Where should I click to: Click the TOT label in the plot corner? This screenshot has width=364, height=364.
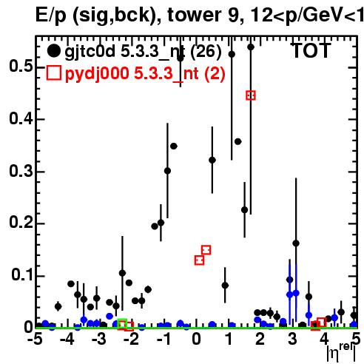coord(311,51)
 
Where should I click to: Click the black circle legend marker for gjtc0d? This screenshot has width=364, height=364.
coord(53,51)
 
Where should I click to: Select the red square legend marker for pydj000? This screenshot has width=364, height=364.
coord(53,73)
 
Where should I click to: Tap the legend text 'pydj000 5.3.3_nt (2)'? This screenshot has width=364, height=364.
coord(145,73)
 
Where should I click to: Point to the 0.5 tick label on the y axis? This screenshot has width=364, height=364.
coord(21,67)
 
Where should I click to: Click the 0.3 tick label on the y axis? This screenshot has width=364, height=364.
coord(21,171)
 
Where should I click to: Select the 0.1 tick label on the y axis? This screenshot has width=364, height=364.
coord(22,275)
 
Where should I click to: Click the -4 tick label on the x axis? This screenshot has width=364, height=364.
coord(67,340)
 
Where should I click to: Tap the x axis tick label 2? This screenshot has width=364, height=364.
coord(260,340)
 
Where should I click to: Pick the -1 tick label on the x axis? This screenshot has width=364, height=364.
coord(164,340)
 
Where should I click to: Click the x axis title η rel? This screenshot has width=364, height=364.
coord(342,352)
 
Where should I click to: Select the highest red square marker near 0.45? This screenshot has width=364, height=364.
coord(251,95)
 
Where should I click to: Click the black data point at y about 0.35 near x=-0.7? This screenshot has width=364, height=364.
coord(174,146)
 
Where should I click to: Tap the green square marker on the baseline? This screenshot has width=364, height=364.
coord(122,323)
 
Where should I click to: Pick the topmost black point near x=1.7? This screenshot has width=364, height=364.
coord(251,47)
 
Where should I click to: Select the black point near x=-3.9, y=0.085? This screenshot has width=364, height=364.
coord(71,284)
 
